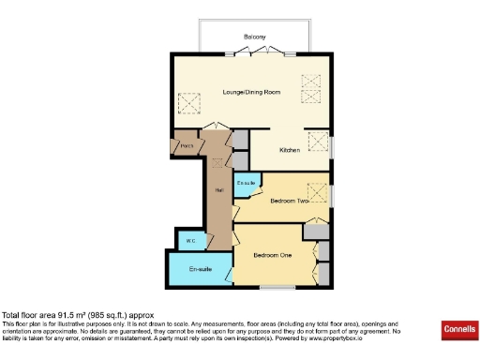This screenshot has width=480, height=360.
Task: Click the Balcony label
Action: (255, 37)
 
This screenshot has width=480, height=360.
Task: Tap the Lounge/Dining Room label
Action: (251, 92)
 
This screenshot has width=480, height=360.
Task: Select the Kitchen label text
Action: (290, 150)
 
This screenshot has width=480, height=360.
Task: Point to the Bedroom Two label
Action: (290, 201)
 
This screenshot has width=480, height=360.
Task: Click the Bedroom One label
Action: (273, 254)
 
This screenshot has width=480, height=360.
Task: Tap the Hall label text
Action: (217, 191)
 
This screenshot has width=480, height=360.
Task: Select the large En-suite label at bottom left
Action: (200, 270)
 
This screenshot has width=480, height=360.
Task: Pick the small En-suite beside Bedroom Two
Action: (246, 182)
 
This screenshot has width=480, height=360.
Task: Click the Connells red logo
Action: (457, 331)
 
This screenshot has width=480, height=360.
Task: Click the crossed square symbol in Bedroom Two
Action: (317, 187)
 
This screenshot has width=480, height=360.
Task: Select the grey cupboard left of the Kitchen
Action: (241, 142)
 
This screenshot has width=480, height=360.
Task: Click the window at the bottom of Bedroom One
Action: (275, 286)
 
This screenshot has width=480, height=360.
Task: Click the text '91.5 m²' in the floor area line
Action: (71, 315)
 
